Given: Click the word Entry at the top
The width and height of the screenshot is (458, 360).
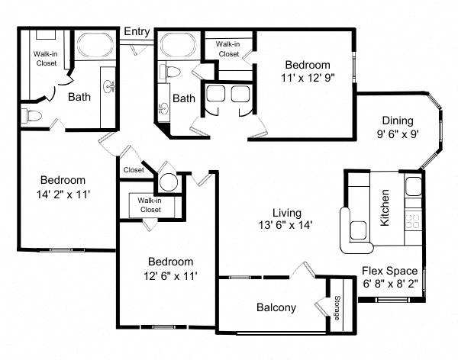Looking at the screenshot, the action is click(137, 31).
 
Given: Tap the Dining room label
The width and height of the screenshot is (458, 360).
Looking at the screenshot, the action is click(398, 121).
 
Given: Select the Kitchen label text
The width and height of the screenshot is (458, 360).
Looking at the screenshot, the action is click(385, 207).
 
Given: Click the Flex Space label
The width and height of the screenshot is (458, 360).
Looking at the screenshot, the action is click(389, 271).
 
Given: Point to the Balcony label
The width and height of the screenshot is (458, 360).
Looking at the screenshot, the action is click(276, 307).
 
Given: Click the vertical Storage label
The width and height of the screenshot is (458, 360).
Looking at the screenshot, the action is click(337, 308).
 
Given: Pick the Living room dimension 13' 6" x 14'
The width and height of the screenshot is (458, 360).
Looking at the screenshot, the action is click(285, 225).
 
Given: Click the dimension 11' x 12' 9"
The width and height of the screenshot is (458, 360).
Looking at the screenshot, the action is click(308, 78).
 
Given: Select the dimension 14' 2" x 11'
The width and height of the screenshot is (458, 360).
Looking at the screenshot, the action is click(63, 194).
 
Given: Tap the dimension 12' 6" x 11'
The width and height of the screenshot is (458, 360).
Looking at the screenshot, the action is click(170, 276).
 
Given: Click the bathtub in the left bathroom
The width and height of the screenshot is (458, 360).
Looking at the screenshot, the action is click(95, 45).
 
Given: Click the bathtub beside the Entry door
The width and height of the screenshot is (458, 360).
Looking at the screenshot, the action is click(178, 44).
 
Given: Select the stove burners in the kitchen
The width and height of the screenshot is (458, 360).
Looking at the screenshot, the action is click(413, 221).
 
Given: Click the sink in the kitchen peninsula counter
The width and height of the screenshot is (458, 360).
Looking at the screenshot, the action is click(358, 230).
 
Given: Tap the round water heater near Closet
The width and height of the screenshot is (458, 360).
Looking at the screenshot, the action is click(169, 182).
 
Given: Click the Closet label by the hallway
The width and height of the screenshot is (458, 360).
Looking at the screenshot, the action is click(134, 170).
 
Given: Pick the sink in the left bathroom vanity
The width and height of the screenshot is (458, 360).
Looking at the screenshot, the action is click(109, 86).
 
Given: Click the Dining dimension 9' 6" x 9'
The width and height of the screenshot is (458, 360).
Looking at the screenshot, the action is click(398, 134).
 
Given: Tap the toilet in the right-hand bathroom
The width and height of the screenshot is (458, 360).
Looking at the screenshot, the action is click(170, 72).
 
